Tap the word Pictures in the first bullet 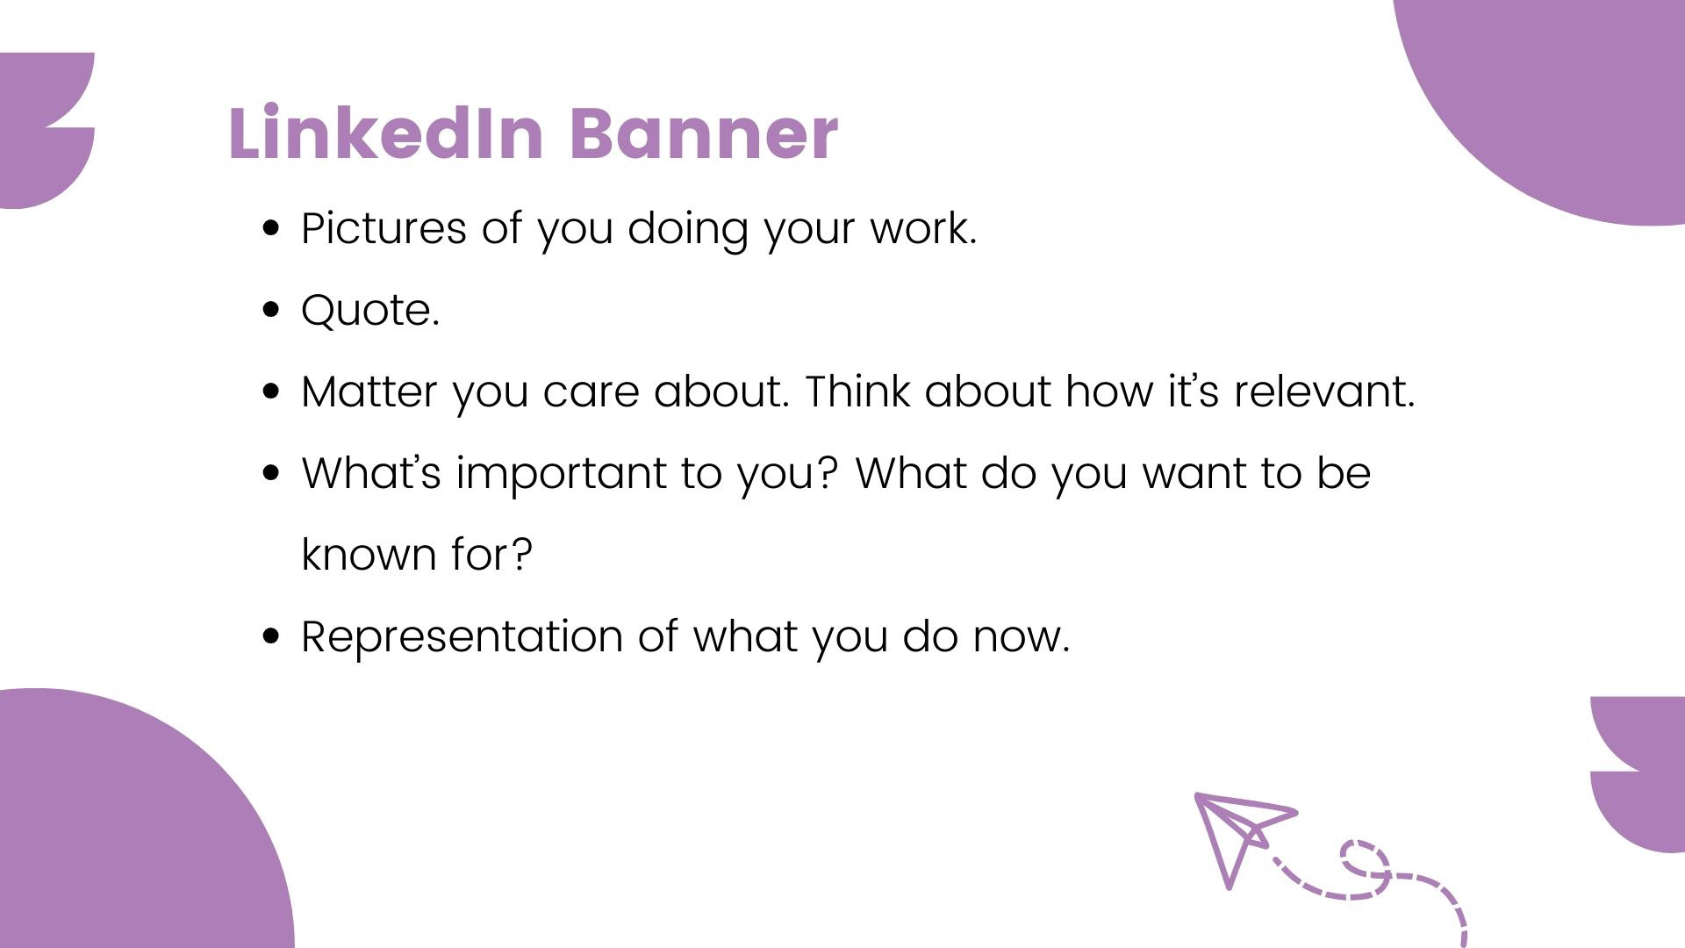click(384, 227)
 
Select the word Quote click(369, 310)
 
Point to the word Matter click(369, 391)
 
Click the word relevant click(1324, 391)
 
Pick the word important click(561, 474)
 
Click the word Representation click(462, 636)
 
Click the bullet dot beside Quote click(271, 310)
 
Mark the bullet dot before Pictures click(271, 228)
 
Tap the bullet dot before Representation click(271, 636)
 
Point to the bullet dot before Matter click(271, 391)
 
